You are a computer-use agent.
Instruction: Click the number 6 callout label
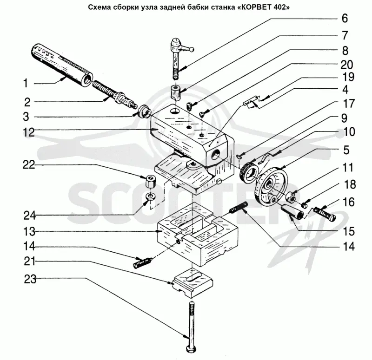point(345,19)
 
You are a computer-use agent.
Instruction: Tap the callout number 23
point(30,279)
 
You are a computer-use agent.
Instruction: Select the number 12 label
point(29,132)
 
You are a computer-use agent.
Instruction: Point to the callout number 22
point(29,165)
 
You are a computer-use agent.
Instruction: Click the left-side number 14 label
point(29,246)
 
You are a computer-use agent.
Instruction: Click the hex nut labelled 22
point(150,181)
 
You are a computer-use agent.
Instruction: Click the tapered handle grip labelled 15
point(293,212)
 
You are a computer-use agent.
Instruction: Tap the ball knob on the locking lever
point(192,50)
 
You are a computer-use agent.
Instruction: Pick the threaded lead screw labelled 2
point(113,94)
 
